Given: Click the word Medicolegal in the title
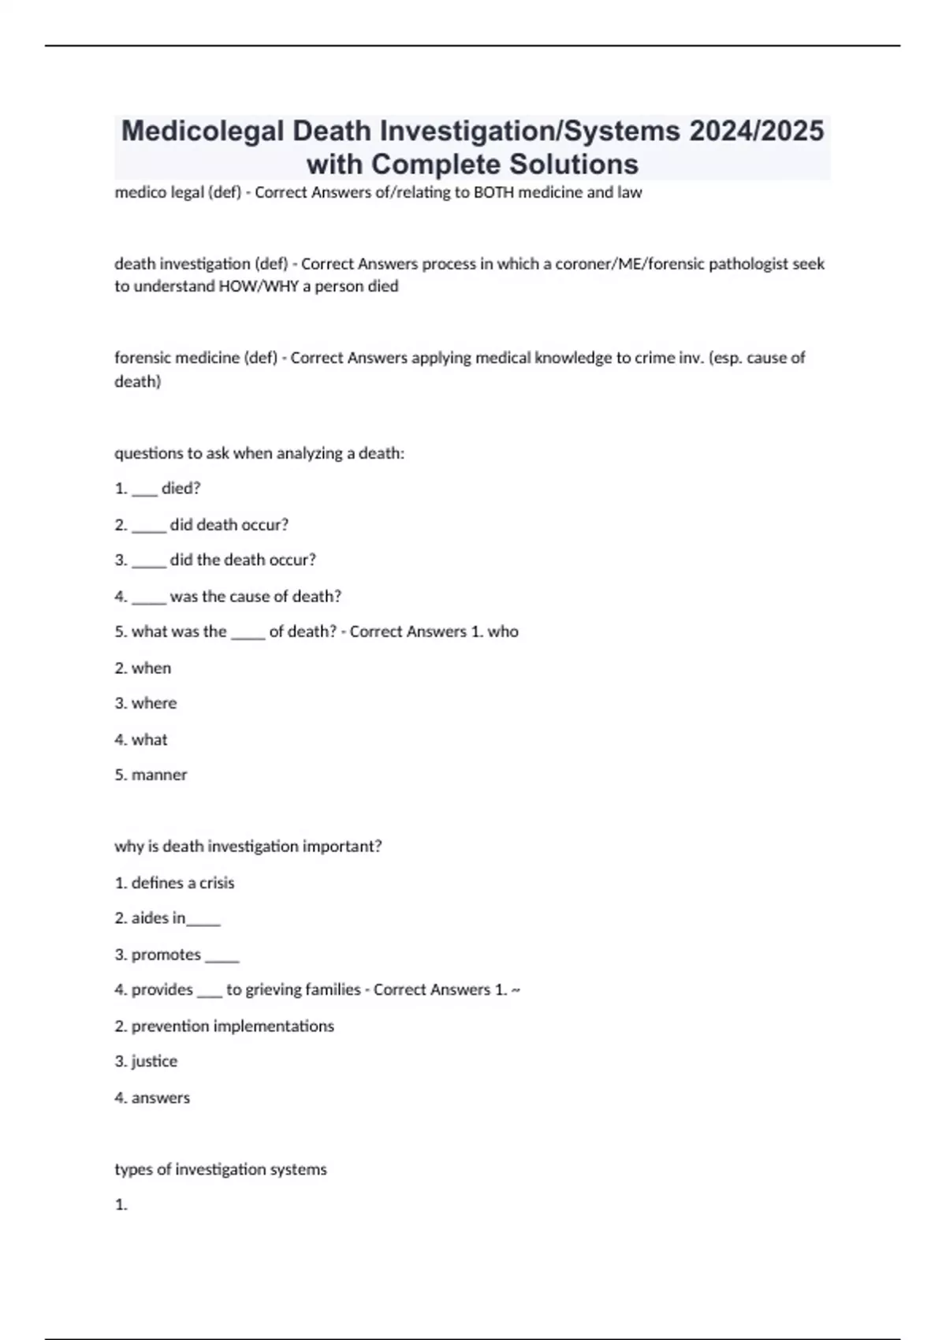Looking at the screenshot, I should pyautogui.click(x=203, y=131).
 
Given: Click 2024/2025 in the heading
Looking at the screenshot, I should pyautogui.click(x=756, y=131).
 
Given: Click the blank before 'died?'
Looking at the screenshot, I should pyautogui.click(x=144, y=489).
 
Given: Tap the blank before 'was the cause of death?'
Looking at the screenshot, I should pyautogui.click(x=149, y=597).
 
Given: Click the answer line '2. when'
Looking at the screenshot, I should pyautogui.click(x=143, y=668).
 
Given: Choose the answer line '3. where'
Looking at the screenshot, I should pyautogui.click(x=146, y=703).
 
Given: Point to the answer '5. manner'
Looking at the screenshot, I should pyautogui.click(x=151, y=775).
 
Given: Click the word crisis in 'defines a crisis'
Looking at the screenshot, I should pyautogui.click(x=217, y=883).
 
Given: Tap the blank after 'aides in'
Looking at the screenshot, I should pyautogui.click(x=204, y=920).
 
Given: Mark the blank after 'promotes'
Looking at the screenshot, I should pyautogui.click(x=222, y=956).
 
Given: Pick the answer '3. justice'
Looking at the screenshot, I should pyautogui.click(x=146, y=1061).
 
